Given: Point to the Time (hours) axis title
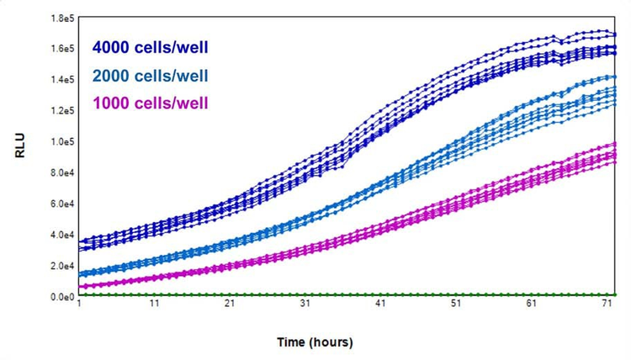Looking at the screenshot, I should click(x=315, y=342).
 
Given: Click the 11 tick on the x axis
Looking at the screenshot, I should click(x=155, y=307).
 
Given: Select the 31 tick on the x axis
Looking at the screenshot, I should click(x=306, y=307).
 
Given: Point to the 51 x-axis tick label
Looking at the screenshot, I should click(x=457, y=307).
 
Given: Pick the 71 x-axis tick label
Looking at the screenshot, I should click(x=608, y=307).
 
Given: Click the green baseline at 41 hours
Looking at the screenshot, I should click(x=381, y=295).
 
